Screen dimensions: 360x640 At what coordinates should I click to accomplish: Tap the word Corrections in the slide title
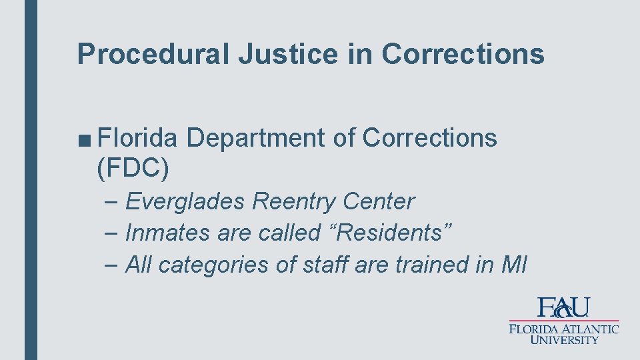tap(463, 54)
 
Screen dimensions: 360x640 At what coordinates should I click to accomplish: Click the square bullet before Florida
tap(85, 139)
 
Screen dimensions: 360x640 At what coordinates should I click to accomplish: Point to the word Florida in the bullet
tap(137, 137)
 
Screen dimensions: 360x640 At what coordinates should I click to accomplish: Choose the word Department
tap(255, 137)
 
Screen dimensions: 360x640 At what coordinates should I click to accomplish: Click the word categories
tap(215, 265)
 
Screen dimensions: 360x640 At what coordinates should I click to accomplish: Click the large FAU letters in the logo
tap(564, 308)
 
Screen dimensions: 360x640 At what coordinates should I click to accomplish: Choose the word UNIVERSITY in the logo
tap(564, 339)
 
